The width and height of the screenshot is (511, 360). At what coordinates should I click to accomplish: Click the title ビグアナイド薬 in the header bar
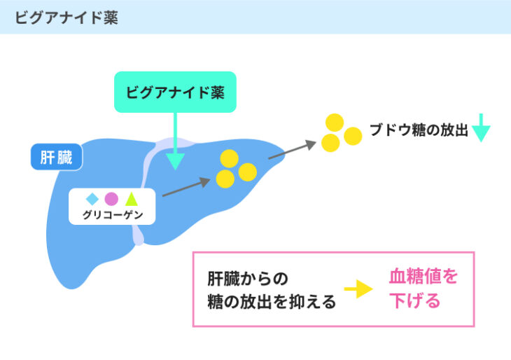66,18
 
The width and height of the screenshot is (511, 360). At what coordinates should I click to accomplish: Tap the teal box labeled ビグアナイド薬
175,92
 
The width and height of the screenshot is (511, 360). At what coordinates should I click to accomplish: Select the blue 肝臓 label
57,157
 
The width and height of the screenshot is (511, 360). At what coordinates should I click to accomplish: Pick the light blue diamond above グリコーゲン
92,199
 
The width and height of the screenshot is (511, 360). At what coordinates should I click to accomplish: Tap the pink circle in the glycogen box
111,199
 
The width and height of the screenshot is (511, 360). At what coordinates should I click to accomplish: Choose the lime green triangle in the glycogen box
132,199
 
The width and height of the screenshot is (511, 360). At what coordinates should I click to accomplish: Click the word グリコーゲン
113,214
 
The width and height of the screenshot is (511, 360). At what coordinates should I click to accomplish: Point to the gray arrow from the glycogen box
186,187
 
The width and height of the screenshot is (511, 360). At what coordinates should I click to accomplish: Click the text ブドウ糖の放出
419,130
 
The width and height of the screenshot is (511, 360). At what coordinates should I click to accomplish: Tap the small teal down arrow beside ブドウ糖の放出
481,127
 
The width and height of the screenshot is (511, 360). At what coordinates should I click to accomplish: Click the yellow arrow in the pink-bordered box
358,289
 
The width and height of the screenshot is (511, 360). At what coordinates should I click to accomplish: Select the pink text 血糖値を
423,276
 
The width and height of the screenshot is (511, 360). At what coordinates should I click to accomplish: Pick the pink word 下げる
415,300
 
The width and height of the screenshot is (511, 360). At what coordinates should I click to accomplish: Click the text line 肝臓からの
248,279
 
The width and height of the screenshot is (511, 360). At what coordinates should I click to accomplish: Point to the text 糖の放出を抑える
272,302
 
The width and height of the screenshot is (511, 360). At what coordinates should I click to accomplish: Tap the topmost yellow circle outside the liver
335,123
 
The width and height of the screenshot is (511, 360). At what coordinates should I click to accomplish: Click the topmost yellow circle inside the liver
230,158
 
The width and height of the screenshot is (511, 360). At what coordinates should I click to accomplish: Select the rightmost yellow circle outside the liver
353,136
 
